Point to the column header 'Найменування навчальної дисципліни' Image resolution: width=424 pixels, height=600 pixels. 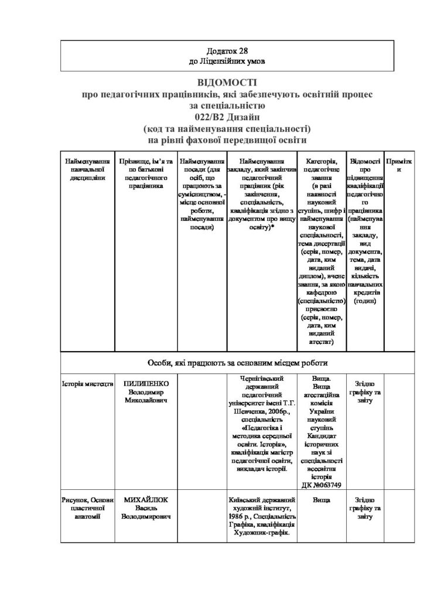tap(88, 169)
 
